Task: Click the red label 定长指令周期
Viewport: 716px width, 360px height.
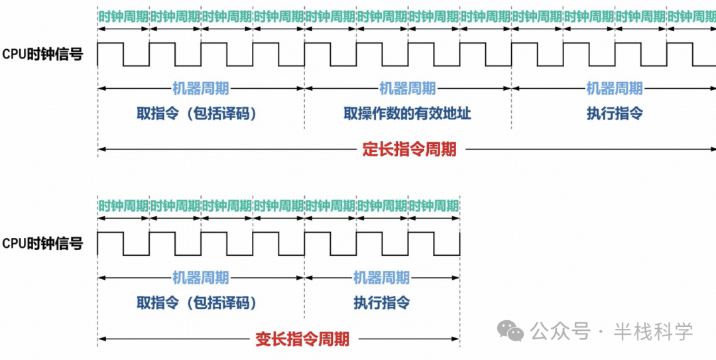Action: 409,149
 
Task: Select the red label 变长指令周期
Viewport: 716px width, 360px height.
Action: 302,339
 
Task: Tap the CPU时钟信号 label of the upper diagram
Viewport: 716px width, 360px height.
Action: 43,54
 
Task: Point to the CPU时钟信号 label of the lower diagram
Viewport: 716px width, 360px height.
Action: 43,243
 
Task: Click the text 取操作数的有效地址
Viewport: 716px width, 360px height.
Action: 407,113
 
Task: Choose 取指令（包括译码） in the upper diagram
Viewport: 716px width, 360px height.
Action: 197,113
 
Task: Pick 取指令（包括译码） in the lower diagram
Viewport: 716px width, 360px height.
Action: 197,303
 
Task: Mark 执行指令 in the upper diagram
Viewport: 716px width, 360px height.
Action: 615,113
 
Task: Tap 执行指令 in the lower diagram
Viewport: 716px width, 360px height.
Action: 381,303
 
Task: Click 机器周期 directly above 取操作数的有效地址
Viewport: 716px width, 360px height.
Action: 407,88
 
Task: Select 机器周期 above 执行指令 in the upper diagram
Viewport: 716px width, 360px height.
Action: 615,88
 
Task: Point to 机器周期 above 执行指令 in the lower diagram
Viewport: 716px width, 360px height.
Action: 381,278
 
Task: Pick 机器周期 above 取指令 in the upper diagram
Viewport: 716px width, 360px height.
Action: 200,88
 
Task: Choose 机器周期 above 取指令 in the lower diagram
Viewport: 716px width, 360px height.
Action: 200,278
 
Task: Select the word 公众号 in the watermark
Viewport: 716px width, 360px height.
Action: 561,330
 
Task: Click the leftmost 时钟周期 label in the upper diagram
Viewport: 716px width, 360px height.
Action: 123,17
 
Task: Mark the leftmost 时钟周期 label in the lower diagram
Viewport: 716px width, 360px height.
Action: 123,206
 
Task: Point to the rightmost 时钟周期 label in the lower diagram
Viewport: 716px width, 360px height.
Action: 434,206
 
